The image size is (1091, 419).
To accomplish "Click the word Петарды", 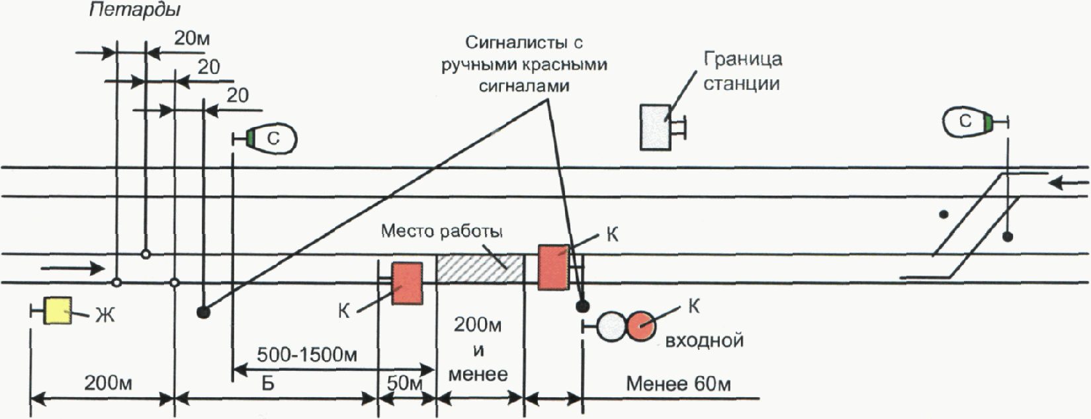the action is (x=134, y=11).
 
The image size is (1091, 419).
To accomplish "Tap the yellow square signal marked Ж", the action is (x=58, y=311).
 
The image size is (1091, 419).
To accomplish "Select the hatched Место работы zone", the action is (x=480, y=268).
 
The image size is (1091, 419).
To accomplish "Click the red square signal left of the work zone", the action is (x=407, y=284).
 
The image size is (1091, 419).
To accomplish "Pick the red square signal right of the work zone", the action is (x=553, y=268).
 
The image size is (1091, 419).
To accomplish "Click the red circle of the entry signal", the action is (x=642, y=326).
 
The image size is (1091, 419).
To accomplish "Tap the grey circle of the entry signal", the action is (x=611, y=326).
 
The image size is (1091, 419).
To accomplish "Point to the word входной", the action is (x=704, y=340).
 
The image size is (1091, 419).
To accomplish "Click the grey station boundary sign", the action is (x=656, y=126).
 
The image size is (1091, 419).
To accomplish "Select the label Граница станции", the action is (x=742, y=71).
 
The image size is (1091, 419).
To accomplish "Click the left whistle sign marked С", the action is (x=271, y=138).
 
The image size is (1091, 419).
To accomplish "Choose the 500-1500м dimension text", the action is (x=307, y=355).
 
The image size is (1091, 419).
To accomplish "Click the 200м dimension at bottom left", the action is (x=108, y=383).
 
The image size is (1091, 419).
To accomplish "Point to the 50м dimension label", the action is (x=404, y=383).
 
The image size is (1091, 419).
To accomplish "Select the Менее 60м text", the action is (x=678, y=384).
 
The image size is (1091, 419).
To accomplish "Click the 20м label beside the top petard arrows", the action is (x=192, y=38).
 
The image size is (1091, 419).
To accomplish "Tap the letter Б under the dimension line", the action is (x=268, y=383).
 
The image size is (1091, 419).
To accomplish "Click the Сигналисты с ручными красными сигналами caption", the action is (x=524, y=64).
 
